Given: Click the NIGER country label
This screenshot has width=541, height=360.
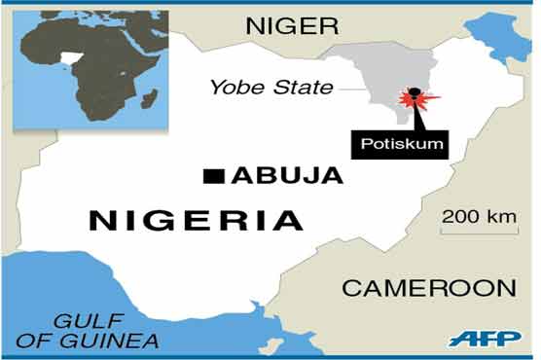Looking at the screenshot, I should (x=293, y=25).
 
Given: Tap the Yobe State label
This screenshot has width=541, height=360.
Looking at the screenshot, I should (x=271, y=89).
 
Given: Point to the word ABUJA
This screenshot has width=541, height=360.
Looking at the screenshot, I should (x=287, y=176).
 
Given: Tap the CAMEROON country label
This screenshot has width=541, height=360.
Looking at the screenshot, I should (x=427, y=287).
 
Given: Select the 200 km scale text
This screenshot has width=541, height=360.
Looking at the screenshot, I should (x=477, y=216).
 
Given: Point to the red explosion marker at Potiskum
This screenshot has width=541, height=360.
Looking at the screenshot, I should (x=415, y=100).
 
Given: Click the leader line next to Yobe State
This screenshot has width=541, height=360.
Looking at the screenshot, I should (x=351, y=89).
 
